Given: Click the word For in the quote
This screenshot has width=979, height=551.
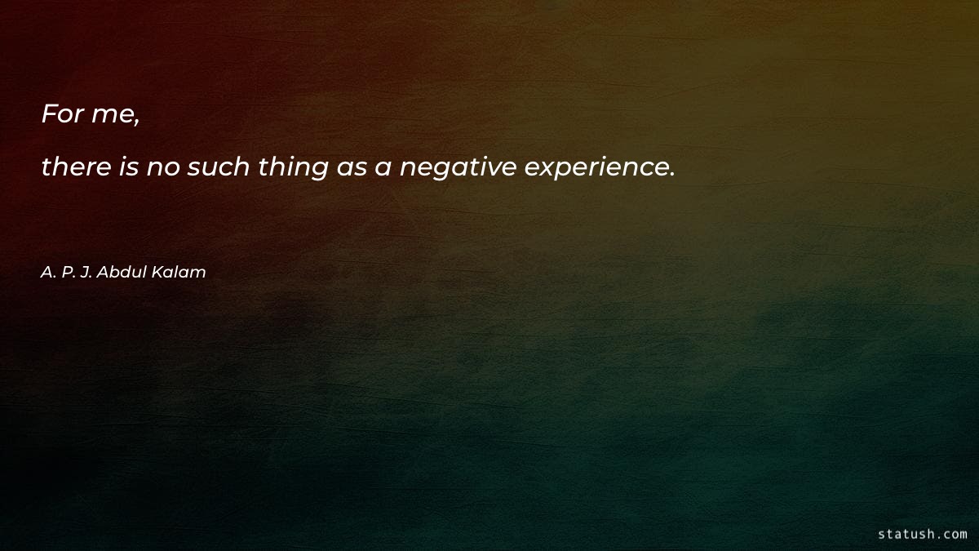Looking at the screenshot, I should (x=62, y=114).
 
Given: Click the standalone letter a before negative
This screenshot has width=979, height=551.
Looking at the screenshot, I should (x=383, y=169).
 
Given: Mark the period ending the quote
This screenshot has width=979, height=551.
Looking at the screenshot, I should (x=671, y=175).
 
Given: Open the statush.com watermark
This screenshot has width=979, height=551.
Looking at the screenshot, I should (x=922, y=534).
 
